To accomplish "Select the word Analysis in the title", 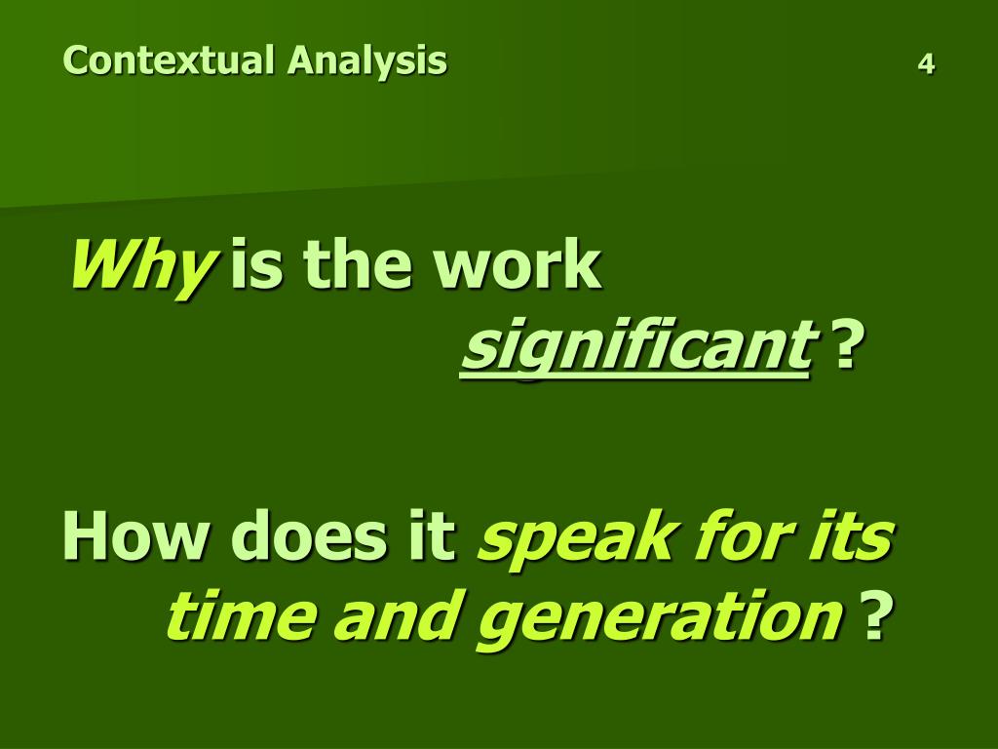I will [366, 61].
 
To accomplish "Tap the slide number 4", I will [926, 64].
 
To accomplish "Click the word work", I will [519, 266].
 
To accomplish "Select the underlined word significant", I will [636, 349].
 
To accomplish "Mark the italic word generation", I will [659, 618].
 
